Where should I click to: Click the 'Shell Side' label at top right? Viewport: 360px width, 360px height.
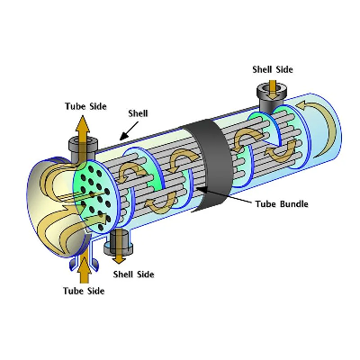point(273,69)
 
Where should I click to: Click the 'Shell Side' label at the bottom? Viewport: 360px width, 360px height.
point(133,274)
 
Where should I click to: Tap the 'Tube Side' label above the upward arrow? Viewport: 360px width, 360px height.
point(85,106)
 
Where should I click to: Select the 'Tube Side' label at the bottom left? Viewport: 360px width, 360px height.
point(84,291)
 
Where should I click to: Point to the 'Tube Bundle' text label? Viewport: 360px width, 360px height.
point(282,204)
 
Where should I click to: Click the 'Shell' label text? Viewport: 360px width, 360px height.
point(138,113)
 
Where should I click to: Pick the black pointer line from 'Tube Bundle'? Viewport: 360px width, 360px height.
point(223,195)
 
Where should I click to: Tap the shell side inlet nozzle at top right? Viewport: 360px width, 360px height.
point(272,96)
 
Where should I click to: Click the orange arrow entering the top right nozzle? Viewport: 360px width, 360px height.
point(273,89)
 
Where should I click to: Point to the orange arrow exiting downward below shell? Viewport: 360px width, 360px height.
point(120,247)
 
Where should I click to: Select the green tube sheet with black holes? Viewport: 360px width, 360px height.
point(94,196)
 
